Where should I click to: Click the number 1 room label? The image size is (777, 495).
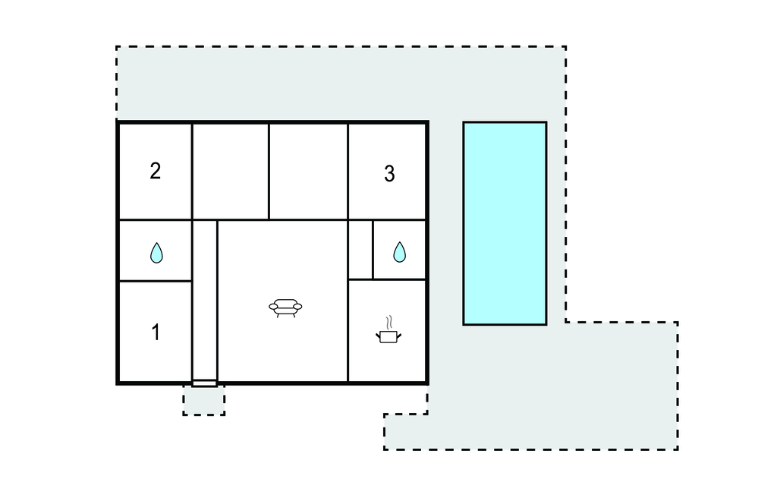pyautogui.click(x=156, y=333)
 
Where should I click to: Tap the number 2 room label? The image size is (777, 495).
pyautogui.click(x=155, y=171)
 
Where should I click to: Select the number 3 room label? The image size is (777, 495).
pyautogui.click(x=389, y=174)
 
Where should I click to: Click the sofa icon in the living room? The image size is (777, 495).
pyautogui.click(x=285, y=308)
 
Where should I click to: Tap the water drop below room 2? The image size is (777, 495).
pyautogui.click(x=156, y=253)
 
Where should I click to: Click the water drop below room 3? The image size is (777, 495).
pyautogui.click(x=399, y=252)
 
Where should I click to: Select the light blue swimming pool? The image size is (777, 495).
pyautogui.click(x=505, y=223)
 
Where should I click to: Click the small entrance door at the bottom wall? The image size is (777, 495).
pyautogui.click(x=205, y=383)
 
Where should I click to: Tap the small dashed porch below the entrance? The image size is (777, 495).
pyautogui.click(x=203, y=400)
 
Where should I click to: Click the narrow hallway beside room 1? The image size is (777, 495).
pyautogui.click(x=205, y=300)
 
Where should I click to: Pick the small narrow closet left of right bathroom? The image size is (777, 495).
pyautogui.click(x=360, y=250)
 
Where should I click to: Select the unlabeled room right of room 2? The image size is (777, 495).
pyautogui.click(x=231, y=171)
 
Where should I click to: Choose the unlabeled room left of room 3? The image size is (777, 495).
pyautogui.click(x=308, y=171)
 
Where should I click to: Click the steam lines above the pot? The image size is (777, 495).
pyautogui.click(x=391, y=322)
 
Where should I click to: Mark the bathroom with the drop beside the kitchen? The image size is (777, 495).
pyautogui.click(x=399, y=250)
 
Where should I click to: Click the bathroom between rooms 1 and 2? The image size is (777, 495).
pyautogui.click(x=156, y=251)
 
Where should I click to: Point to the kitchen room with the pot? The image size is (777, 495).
pyautogui.click(x=387, y=331)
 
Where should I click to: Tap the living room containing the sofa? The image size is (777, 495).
pyautogui.click(x=282, y=301)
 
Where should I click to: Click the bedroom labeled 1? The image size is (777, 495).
pyautogui.click(x=156, y=331)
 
